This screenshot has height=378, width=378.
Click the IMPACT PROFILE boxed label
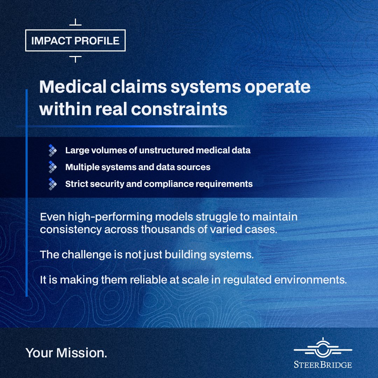pyautogui.click(x=75, y=41)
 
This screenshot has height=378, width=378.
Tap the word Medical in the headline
pyautogui.click(x=73, y=86)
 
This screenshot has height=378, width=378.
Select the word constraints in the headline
pyautogui.click(x=179, y=109)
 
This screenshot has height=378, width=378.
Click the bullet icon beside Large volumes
pyautogui.click(x=52, y=150)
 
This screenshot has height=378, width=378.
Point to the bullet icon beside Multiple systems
pyautogui.click(x=52, y=167)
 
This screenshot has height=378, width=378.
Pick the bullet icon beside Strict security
pyautogui.click(x=52, y=184)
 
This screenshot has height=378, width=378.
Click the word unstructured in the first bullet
pyautogui.click(x=166, y=150)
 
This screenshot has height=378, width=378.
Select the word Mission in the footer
pyautogui.click(x=82, y=353)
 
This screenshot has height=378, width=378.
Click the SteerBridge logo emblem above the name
pyautogui.click(x=323, y=348)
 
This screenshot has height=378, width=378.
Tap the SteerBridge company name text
pyautogui.click(x=323, y=365)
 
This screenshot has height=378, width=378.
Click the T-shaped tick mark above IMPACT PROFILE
pyautogui.click(x=76, y=22)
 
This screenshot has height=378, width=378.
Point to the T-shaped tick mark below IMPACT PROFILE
pyautogui.click(x=76, y=59)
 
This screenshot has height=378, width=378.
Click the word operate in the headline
pyautogui.click(x=278, y=87)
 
